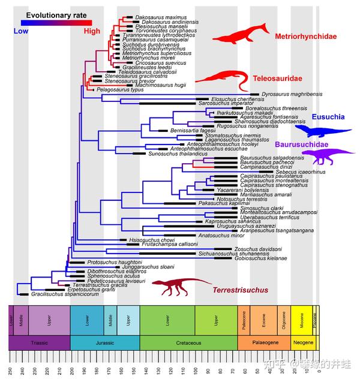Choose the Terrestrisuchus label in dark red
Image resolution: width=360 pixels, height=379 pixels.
click(240, 290)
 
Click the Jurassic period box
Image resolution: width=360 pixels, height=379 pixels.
click(105, 342)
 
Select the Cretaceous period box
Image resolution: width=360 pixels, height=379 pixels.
click(188, 342)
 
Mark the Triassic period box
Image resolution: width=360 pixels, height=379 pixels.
click(40, 342)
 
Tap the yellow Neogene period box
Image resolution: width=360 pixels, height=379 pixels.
click(304, 342)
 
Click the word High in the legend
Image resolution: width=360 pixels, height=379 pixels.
click(92, 31)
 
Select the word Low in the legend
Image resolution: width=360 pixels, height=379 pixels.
click(21, 31)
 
